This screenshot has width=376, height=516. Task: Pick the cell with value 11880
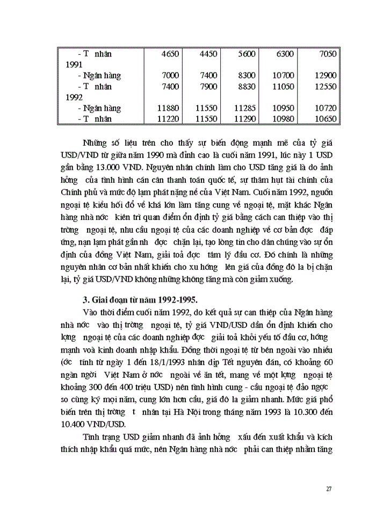(x=169, y=108)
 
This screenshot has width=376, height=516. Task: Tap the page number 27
(x=329, y=489)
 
